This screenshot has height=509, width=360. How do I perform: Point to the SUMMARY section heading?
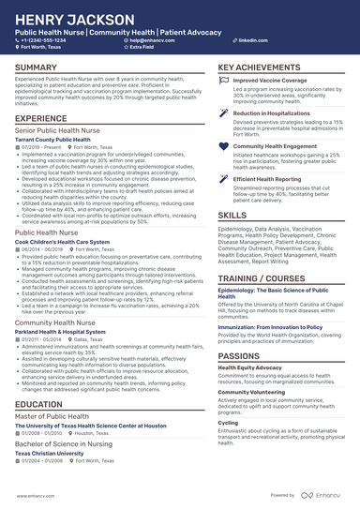(x=36, y=68)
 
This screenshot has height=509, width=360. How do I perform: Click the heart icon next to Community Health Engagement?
(x=223, y=147)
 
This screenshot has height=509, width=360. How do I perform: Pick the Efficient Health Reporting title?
(x=266, y=177)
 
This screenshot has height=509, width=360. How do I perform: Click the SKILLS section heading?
(x=232, y=214)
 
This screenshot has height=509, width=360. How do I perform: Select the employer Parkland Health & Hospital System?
(x=66, y=331)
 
